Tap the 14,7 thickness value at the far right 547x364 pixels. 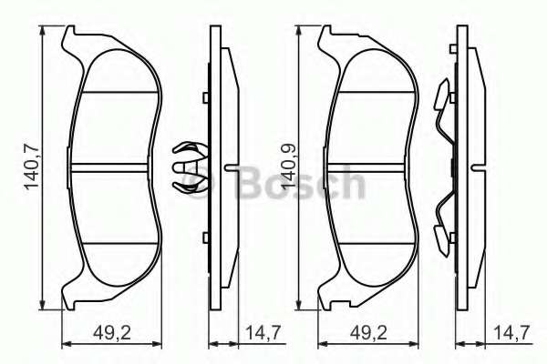coord(513,332)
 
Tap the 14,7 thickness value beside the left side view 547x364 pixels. coord(256,332)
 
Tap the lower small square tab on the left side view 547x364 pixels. coord(207,239)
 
